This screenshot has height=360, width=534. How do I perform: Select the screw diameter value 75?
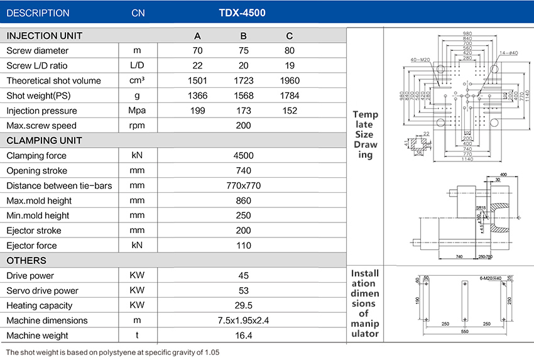coord(244,50)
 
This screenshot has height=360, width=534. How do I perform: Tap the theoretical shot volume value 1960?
coord(289,80)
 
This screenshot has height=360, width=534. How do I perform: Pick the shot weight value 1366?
coord(198,95)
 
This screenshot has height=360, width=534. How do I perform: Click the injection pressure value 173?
coord(244,111)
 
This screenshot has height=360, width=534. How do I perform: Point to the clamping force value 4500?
coord(244,155)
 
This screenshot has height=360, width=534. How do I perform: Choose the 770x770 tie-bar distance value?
coord(244,185)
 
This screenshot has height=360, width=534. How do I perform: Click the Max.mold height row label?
coord(39,200)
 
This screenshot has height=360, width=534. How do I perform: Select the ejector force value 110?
coord(244,246)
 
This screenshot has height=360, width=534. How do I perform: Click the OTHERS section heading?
coord(26,260)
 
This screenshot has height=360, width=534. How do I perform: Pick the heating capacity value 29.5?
coord(244,305)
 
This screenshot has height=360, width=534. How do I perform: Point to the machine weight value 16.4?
coord(244,335)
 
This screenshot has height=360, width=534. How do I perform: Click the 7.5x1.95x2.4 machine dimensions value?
coord(244,320)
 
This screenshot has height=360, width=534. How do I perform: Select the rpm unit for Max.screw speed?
coord(137,126)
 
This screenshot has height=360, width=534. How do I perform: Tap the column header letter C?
coord(289,36)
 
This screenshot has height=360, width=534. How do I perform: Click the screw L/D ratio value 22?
coord(198,65)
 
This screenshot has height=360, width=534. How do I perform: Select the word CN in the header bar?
coord(138,13)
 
